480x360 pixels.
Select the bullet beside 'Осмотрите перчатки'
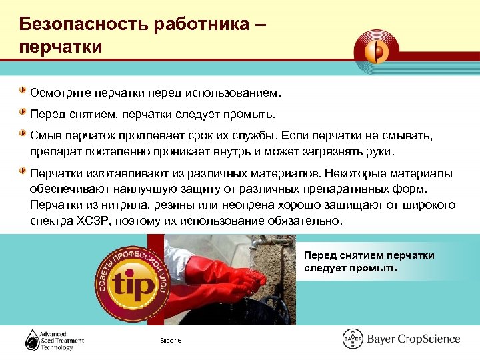[x=23, y=89]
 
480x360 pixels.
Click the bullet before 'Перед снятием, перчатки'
[x=23, y=111]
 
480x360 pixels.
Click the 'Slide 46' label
[x=170, y=341]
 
